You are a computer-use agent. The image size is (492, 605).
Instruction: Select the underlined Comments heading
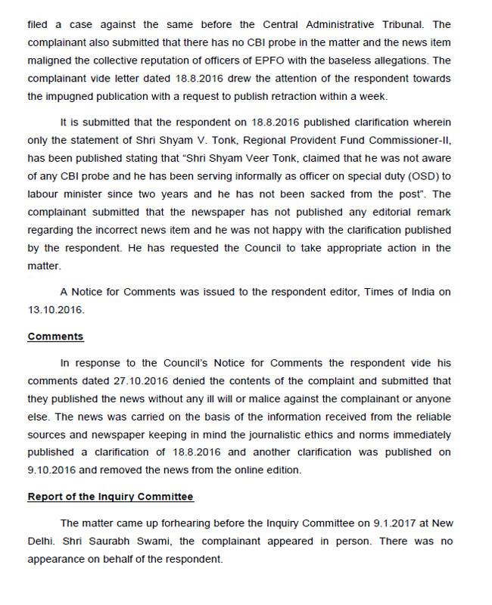(55, 337)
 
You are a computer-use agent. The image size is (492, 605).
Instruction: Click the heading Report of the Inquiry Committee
(111, 497)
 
